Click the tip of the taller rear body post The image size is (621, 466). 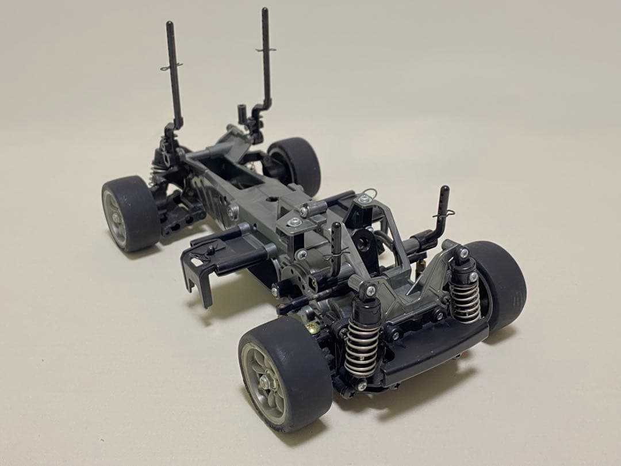pos(265,12)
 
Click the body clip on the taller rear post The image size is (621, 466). pos(266,50)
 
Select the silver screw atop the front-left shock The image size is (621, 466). pos(370,291)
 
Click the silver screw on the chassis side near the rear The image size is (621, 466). pos(233,211)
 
